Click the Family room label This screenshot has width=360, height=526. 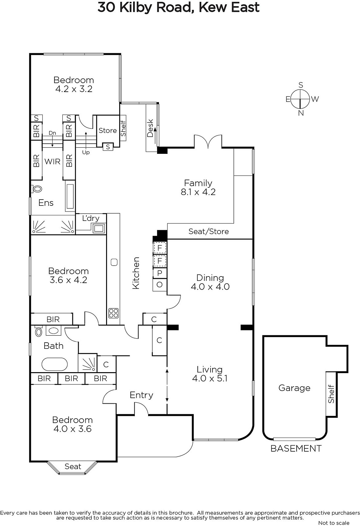[x=198, y=183]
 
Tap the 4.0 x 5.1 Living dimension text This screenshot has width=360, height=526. [x=210, y=378]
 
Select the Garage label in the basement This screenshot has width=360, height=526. [x=294, y=388]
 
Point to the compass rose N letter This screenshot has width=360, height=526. [x=301, y=113]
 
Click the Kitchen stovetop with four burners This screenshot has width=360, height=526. [x=114, y=313]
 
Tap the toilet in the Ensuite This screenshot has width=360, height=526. [x=36, y=189]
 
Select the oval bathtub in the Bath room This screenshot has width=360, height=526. [x=55, y=364]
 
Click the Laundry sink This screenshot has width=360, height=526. [x=99, y=228]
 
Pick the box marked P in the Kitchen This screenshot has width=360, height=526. [x=160, y=273]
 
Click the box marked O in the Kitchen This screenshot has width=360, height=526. [x=160, y=285]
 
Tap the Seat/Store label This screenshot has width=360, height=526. [x=209, y=231]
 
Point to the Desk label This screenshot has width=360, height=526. [x=150, y=128]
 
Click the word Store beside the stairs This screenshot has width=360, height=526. [x=107, y=130]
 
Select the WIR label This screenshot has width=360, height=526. [x=52, y=161]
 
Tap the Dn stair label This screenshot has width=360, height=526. [x=52, y=133]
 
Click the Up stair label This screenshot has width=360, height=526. [x=86, y=153]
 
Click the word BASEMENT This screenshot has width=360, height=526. [x=296, y=448]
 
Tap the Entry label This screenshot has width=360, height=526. [x=141, y=395]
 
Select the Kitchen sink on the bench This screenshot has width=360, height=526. [x=114, y=262]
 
